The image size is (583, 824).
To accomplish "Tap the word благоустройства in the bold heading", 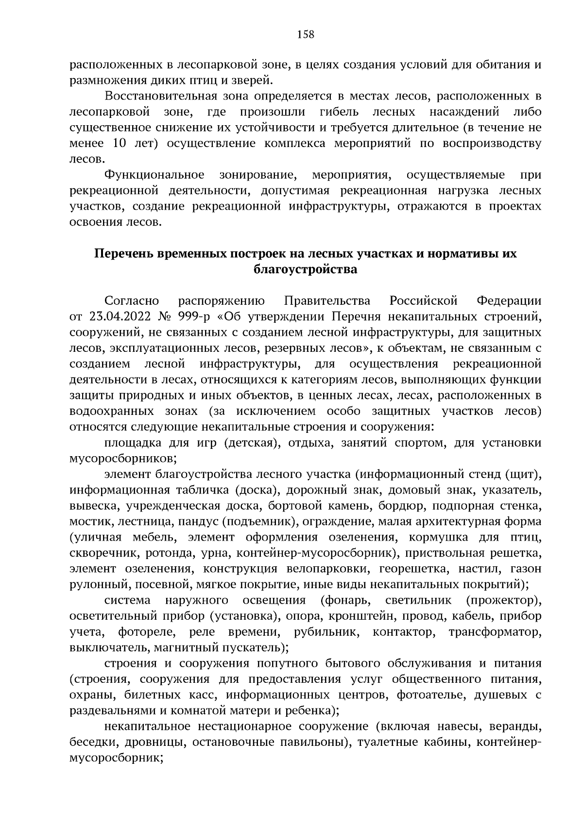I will pos(306,269).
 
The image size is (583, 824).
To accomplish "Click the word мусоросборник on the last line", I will pos(115,758).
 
